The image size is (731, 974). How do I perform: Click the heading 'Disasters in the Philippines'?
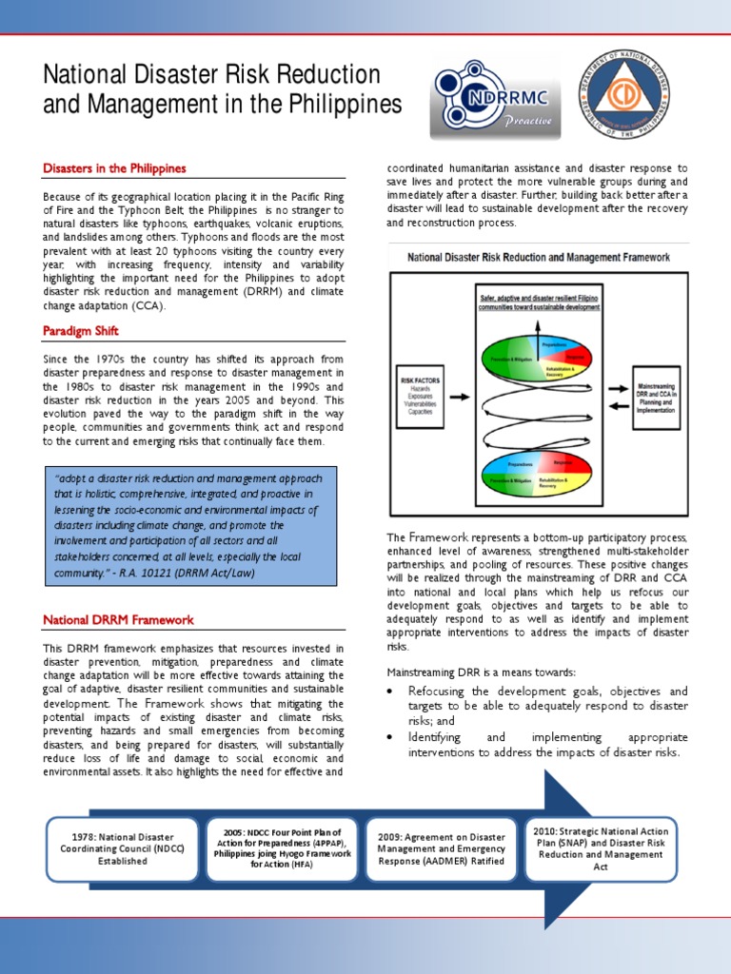pyautogui.click(x=114, y=168)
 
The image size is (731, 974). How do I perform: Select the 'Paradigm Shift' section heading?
pyautogui.click(x=80, y=331)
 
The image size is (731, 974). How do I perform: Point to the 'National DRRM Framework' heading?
pyautogui.click(x=118, y=620)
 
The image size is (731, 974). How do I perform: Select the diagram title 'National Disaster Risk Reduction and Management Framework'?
pyautogui.click(x=539, y=258)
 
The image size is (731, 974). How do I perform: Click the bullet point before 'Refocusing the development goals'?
pyautogui.click(x=393, y=692)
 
